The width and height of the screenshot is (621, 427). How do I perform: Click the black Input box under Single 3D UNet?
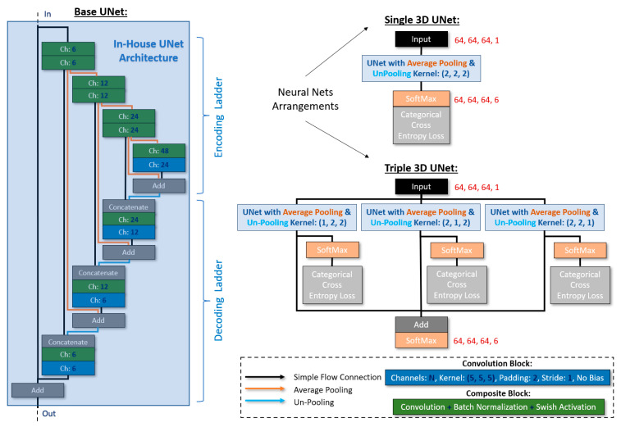coord(420,39)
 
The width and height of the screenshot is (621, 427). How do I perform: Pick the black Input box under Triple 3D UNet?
coord(420,188)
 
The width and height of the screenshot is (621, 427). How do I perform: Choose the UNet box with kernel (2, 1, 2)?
coord(420,216)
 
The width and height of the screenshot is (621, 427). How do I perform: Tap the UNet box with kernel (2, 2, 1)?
coord(545,216)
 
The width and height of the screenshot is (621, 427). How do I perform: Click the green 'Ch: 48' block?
coord(160,151)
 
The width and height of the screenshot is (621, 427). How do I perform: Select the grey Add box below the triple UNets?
coord(420,325)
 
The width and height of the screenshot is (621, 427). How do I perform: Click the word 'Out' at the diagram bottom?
coord(48,415)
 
